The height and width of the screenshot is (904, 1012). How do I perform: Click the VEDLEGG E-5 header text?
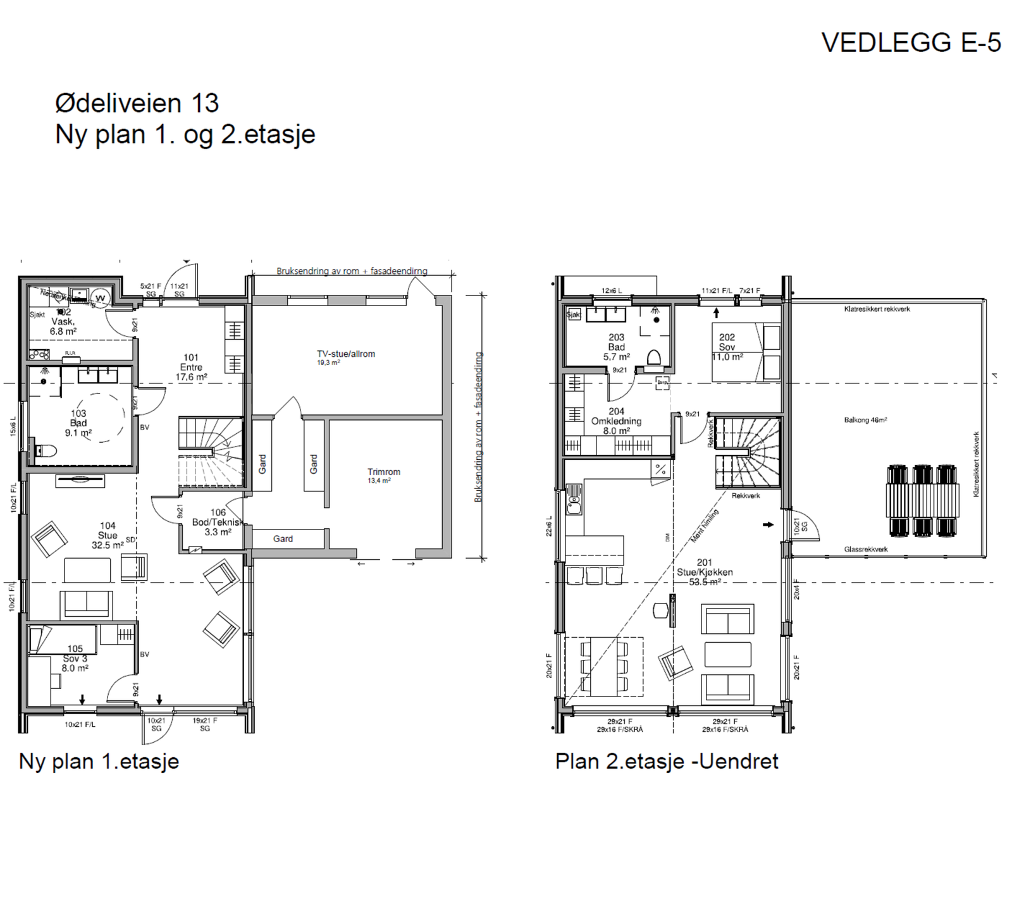911,42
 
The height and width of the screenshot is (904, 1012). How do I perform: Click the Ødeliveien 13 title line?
137,103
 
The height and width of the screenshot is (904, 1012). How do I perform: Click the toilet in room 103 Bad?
46,450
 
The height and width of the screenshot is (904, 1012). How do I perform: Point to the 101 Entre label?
191,367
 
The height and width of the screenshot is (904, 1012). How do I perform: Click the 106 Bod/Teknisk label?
218,522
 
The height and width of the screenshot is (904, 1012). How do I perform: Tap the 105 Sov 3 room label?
75,658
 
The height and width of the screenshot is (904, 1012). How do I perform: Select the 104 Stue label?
108,535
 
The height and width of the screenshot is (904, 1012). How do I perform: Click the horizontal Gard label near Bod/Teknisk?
283,539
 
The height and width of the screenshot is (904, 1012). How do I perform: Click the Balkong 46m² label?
865,420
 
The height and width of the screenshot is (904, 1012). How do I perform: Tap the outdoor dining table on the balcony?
922,500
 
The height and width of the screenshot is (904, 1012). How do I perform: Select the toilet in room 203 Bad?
653,357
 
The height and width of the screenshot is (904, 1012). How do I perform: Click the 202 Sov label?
727,347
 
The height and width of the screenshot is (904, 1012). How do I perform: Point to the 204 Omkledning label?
616,421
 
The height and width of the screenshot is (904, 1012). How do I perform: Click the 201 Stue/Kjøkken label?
705,572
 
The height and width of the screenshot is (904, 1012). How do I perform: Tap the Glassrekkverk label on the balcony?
865,549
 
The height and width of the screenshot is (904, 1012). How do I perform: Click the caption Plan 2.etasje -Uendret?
667,761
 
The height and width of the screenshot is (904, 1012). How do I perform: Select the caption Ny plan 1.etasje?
99,761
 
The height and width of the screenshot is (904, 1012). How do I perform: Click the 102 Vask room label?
63,321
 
